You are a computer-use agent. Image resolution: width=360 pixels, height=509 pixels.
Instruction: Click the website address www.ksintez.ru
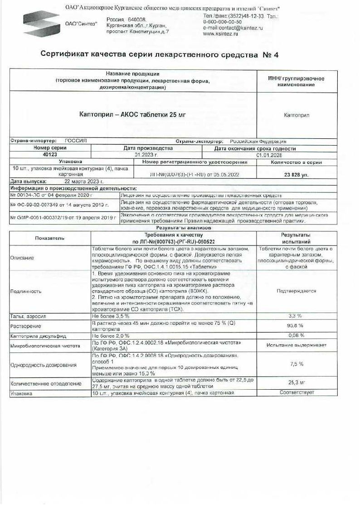click(221, 34)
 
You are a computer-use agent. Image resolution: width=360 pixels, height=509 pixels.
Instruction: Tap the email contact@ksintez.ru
click(233, 28)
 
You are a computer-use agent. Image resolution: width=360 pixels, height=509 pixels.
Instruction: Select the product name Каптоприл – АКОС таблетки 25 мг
click(132, 115)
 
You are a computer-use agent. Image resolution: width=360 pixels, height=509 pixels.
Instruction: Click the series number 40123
click(50, 154)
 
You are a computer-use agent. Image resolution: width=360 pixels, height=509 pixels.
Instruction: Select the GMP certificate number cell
click(63, 218)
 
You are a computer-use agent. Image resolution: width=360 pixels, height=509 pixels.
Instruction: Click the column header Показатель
click(50, 238)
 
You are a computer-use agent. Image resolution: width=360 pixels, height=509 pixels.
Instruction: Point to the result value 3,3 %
click(295, 315)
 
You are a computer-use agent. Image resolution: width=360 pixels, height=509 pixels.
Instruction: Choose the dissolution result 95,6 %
click(295, 326)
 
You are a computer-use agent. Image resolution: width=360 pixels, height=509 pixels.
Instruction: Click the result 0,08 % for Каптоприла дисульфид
click(295, 336)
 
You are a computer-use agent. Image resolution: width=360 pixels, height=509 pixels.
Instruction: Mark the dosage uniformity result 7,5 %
click(297, 364)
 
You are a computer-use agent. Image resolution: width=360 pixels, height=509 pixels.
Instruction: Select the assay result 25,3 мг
click(297, 383)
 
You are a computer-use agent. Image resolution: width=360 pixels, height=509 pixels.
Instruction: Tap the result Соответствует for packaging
click(297, 392)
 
